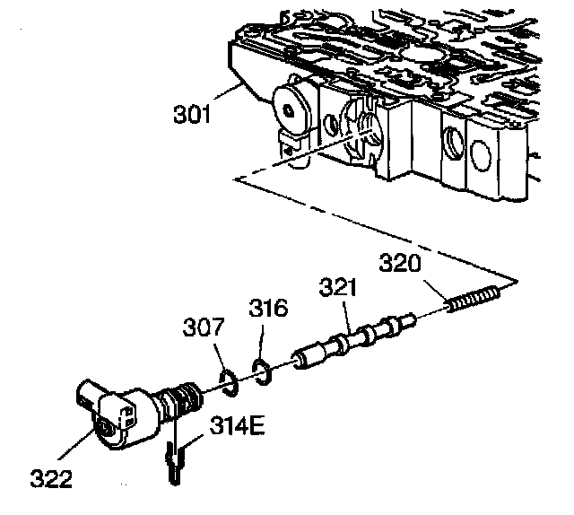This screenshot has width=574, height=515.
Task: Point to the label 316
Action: coord(268,310)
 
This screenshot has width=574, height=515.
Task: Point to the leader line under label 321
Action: coord(346,314)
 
